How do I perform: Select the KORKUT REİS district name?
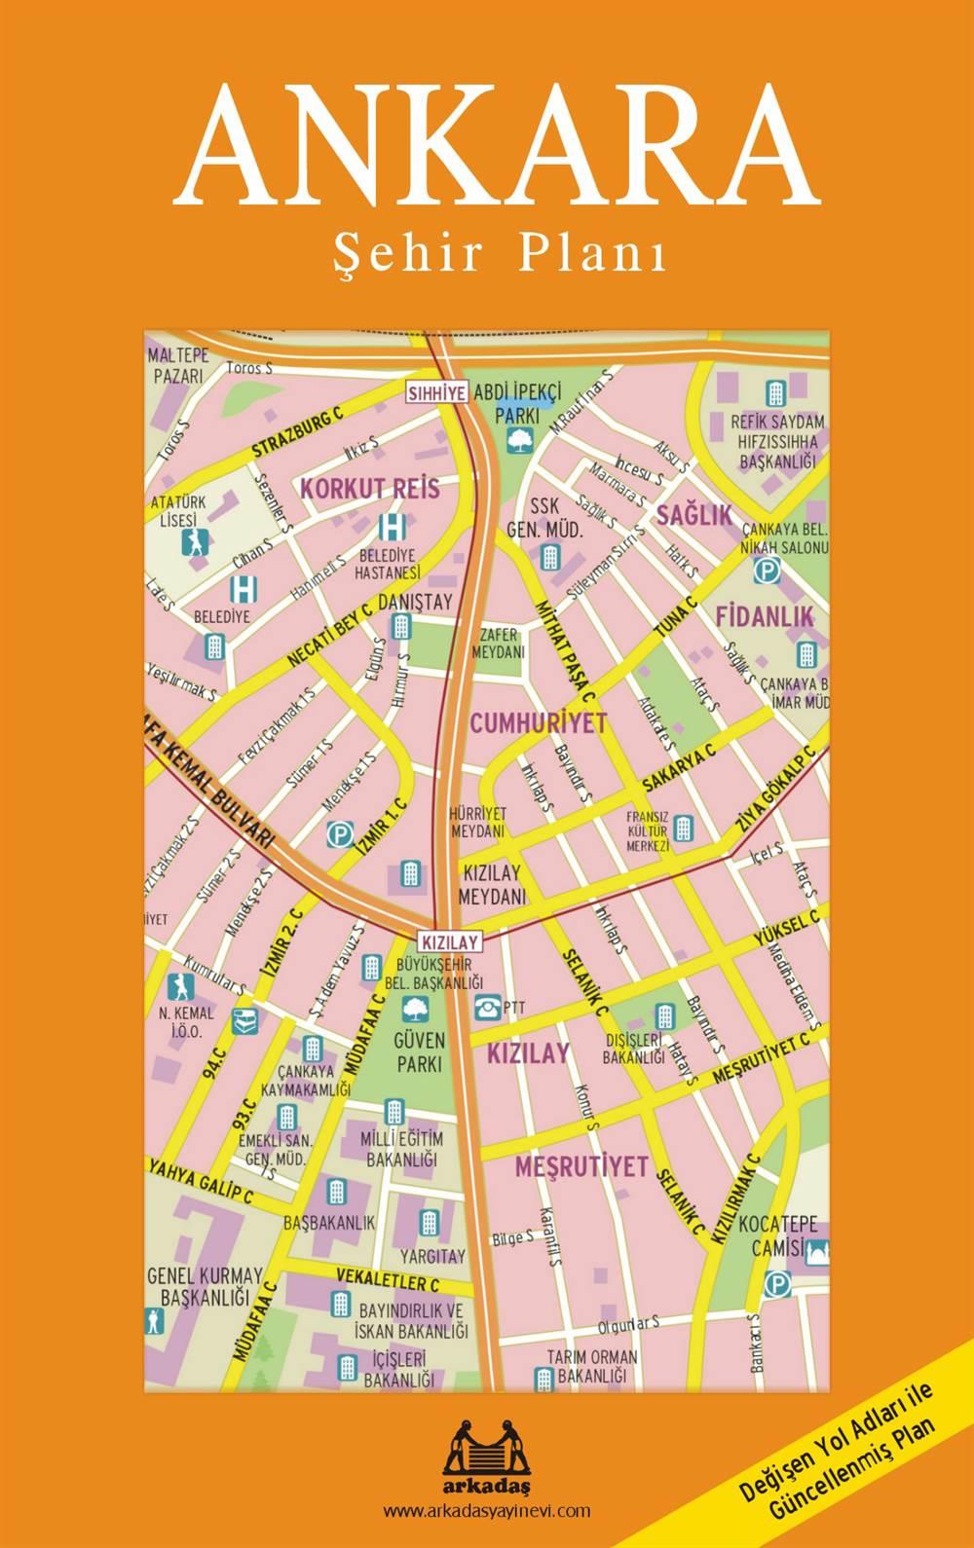pos(370,489)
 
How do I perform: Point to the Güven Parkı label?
pos(421,1051)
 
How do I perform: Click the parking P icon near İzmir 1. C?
pos(339,834)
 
